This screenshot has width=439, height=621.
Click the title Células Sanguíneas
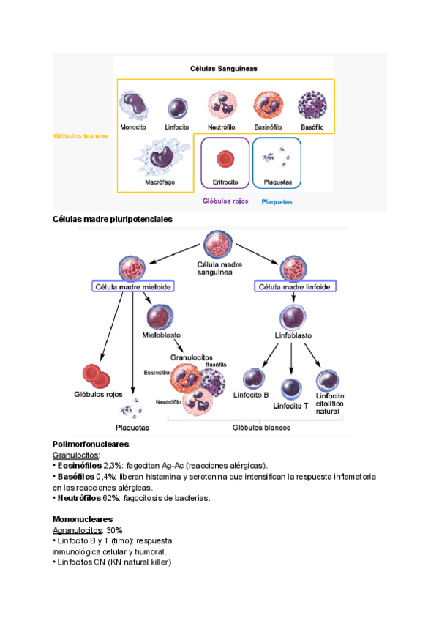(x=225, y=69)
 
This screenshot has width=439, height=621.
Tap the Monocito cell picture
(x=134, y=105)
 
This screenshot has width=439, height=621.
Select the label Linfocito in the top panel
(x=177, y=127)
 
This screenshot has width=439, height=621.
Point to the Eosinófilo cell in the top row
(x=268, y=105)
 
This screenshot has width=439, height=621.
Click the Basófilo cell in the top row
(x=312, y=105)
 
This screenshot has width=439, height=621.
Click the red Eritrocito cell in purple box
(x=225, y=158)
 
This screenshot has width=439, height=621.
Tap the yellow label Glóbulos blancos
(x=80, y=136)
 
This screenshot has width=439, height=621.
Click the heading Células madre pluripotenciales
(x=113, y=219)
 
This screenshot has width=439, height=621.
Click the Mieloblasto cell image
(x=160, y=316)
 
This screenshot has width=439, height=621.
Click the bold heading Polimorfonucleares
(x=91, y=444)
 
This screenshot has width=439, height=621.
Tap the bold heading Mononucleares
(x=83, y=518)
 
